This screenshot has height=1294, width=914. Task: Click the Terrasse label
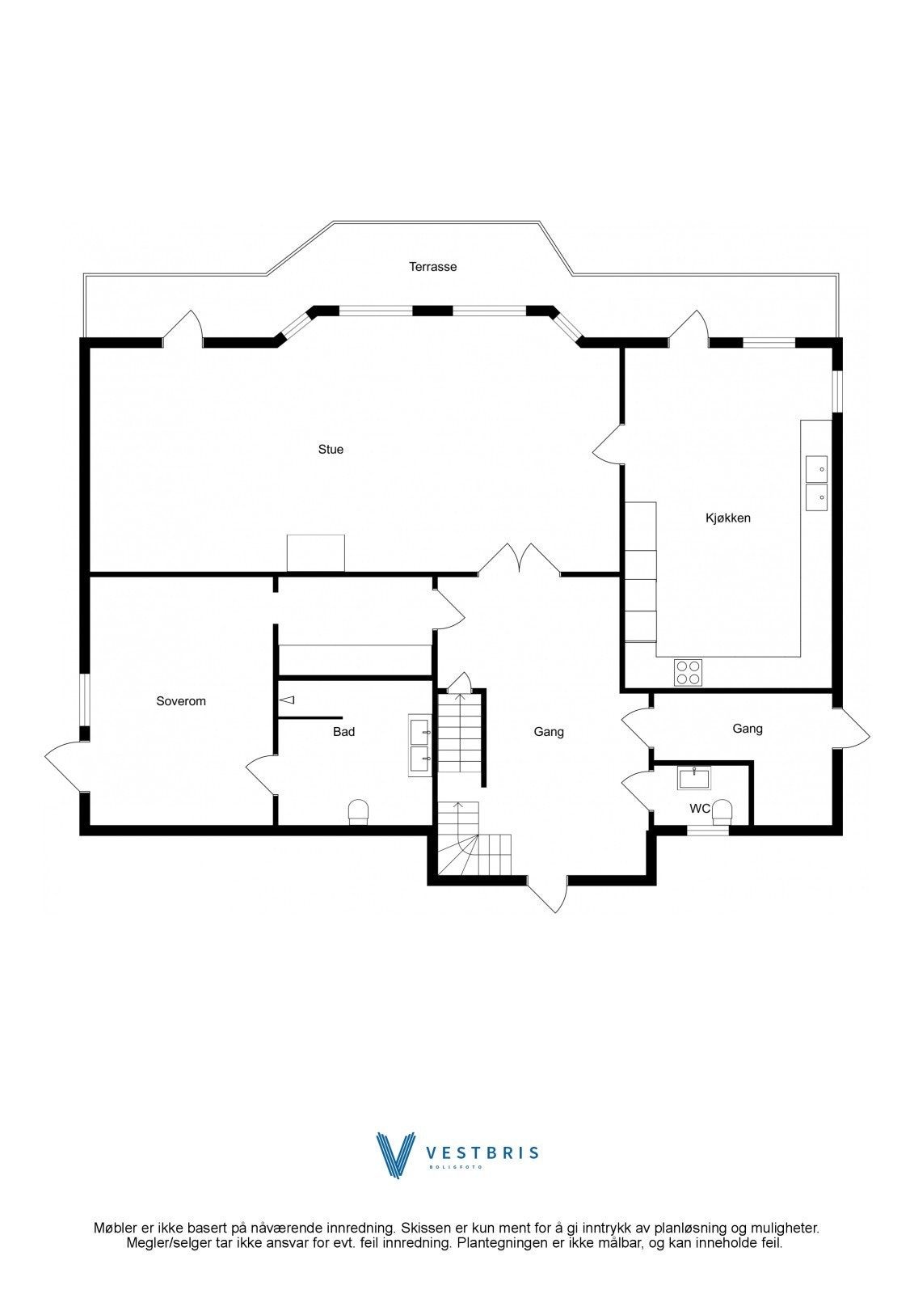pyautogui.click(x=432, y=267)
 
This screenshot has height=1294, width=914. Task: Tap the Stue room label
pyautogui.click(x=331, y=450)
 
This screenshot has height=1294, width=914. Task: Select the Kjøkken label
pyautogui.click(x=727, y=518)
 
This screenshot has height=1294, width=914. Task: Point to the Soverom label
pyautogui.click(x=181, y=701)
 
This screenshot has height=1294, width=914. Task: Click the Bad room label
pyautogui.click(x=344, y=732)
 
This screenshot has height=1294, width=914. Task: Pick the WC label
pyautogui.click(x=700, y=809)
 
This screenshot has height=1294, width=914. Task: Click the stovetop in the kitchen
pyautogui.click(x=689, y=672)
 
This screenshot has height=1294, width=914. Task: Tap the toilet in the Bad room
pyautogui.click(x=358, y=812)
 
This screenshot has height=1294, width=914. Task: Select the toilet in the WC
pyautogui.click(x=722, y=812)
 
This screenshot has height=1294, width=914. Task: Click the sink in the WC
pyautogui.click(x=694, y=778)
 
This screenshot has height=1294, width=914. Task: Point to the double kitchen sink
pyautogui.click(x=816, y=482)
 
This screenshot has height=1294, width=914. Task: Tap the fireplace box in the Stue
pyautogui.click(x=316, y=553)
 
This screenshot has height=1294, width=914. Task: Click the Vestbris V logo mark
pyautogui.click(x=397, y=1155)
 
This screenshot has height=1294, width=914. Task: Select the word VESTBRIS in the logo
pyautogui.click(x=482, y=1153)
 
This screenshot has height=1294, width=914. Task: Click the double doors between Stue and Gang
pyautogui.click(x=519, y=560)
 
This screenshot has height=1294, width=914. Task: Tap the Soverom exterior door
pyautogui.click(x=65, y=766)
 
